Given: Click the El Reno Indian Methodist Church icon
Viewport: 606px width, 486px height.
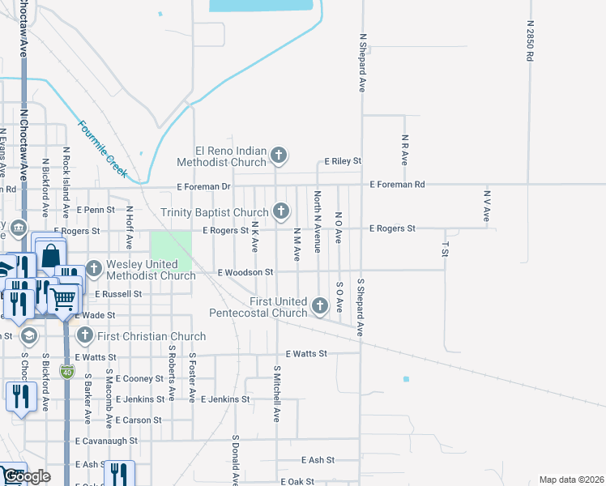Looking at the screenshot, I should [x=278, y=155].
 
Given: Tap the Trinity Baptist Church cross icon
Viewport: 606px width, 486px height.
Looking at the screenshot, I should [x=281, y=211].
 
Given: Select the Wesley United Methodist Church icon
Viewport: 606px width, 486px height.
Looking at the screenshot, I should [x=94, y=267].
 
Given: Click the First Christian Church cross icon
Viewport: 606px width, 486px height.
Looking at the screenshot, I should [x=84, y=335].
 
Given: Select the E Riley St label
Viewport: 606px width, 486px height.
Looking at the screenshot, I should [x=343, y=162].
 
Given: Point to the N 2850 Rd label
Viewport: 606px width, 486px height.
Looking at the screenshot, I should [x=530, y=42].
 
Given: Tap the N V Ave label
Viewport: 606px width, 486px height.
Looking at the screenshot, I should [x=487, y=206].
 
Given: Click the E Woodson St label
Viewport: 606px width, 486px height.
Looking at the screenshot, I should [x=245, y=272].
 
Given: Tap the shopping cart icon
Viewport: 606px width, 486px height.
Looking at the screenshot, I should [x=64, y=299].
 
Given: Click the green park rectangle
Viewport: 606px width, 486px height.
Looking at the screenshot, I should [x=171, y=251].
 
